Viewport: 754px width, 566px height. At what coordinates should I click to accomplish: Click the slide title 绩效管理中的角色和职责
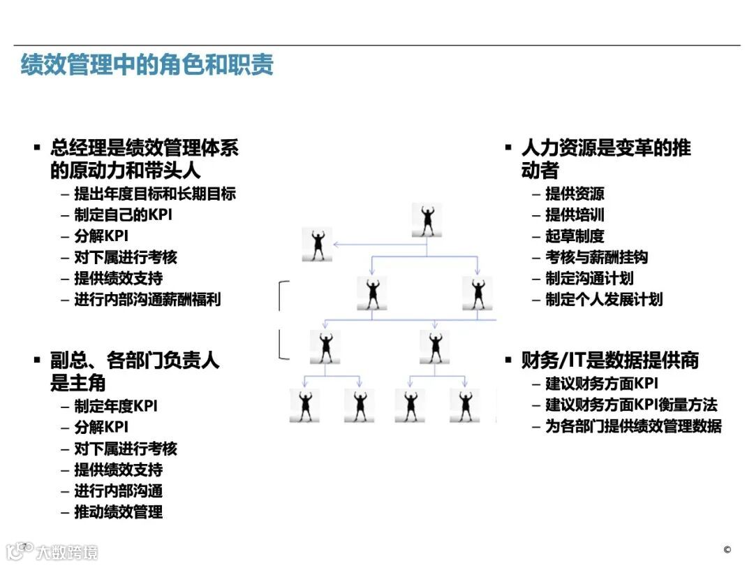(x=147, y=64)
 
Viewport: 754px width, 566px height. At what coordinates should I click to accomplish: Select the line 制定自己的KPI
(x=123, y=215)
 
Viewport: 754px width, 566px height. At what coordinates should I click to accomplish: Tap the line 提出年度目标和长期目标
(x=155, y=194)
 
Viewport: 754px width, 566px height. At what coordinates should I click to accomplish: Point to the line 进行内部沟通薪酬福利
(x=147, y=300)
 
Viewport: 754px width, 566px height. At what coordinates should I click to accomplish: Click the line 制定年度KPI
(x=117, y=406)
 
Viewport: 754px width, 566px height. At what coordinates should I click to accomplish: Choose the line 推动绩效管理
(x=119, y=512)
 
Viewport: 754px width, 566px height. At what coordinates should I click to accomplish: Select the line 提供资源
(x=575, y=194)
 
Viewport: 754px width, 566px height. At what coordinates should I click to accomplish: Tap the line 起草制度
(x=575, y=236)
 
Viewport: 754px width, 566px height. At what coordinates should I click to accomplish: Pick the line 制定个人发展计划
(x=604, y=300)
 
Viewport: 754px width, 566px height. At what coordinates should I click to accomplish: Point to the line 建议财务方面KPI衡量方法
(x=631, y=405)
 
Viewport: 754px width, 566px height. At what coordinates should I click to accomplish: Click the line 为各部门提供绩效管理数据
(x=633, y=426)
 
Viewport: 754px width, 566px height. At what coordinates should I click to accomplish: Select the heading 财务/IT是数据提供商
(x=609, y=361)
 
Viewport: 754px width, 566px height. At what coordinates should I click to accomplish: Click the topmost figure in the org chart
(x=427, y=219)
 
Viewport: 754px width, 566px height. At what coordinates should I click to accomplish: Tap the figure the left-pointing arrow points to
(x=317, y=245)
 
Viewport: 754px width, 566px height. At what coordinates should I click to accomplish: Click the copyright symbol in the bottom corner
(x=727, y=549)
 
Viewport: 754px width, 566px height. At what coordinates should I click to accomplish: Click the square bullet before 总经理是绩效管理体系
(x=37, y=147)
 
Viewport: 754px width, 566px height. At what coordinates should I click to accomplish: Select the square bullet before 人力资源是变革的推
(x=508, y=147)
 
